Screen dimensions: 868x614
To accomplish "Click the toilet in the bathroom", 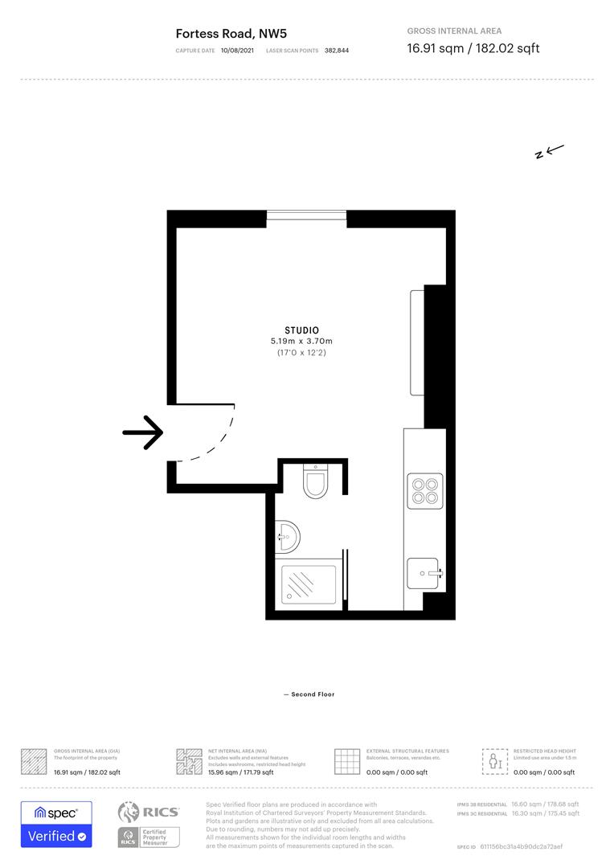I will tap(314, 482).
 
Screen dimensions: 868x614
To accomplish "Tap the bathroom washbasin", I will tap(288, 536).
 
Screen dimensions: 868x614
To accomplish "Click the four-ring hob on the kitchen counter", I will tap(424, 490).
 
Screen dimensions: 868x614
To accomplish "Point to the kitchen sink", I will tap(424, 574).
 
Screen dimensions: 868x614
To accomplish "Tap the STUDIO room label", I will tap(301, 330).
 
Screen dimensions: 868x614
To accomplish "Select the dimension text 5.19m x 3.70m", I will tap(301, 342).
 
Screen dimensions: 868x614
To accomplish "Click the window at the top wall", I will tap(306, 215).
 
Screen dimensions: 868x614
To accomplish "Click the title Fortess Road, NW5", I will tap(231, 34).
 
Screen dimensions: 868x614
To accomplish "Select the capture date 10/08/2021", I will tap(237, 50).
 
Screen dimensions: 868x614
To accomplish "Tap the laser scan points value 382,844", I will tap(337, 50).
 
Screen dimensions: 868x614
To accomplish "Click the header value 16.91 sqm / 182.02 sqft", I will tap(473, 48).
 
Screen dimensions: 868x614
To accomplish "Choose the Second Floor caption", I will tap(309, 694).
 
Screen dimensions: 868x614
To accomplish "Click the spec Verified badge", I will tap(56, 824).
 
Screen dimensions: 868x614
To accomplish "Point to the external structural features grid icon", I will tap(347, 761).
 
